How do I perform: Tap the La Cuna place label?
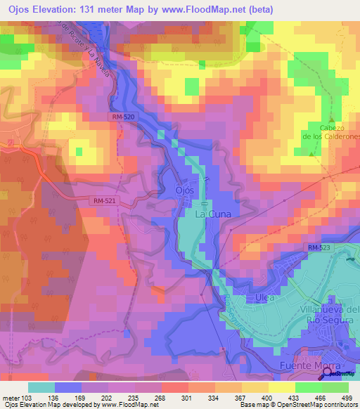[x=212, y=212]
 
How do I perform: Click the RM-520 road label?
[x=122, y=118]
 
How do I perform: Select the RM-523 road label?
[x=317, y=248]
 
